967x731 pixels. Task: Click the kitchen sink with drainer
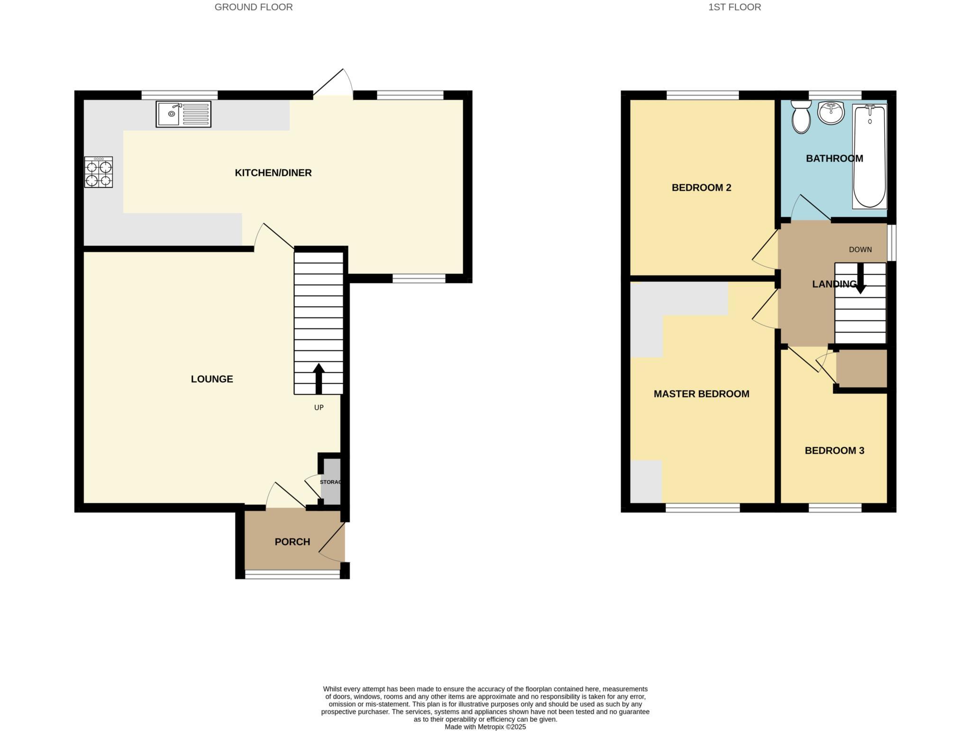point(183,114)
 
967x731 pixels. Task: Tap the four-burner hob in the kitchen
point(99,172)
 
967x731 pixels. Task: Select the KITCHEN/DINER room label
point(273,173)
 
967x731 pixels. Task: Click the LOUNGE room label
point(212,379)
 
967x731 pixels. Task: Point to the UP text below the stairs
point(319,408)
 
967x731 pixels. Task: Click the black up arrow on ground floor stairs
point(319,378)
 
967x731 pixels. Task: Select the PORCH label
point(292,542)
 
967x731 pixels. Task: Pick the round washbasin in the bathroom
point(831,113)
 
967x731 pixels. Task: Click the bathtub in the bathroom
point(869,156)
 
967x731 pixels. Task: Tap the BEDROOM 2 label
point(701,188)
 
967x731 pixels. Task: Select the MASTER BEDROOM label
point(701,394)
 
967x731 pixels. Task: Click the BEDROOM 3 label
point(834,451)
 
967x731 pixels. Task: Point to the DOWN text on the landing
point(860,250)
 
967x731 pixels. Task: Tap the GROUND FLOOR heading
point(254,7)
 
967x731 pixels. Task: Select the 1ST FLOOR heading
point(734,7)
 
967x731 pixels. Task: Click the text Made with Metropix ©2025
point(485,727)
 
